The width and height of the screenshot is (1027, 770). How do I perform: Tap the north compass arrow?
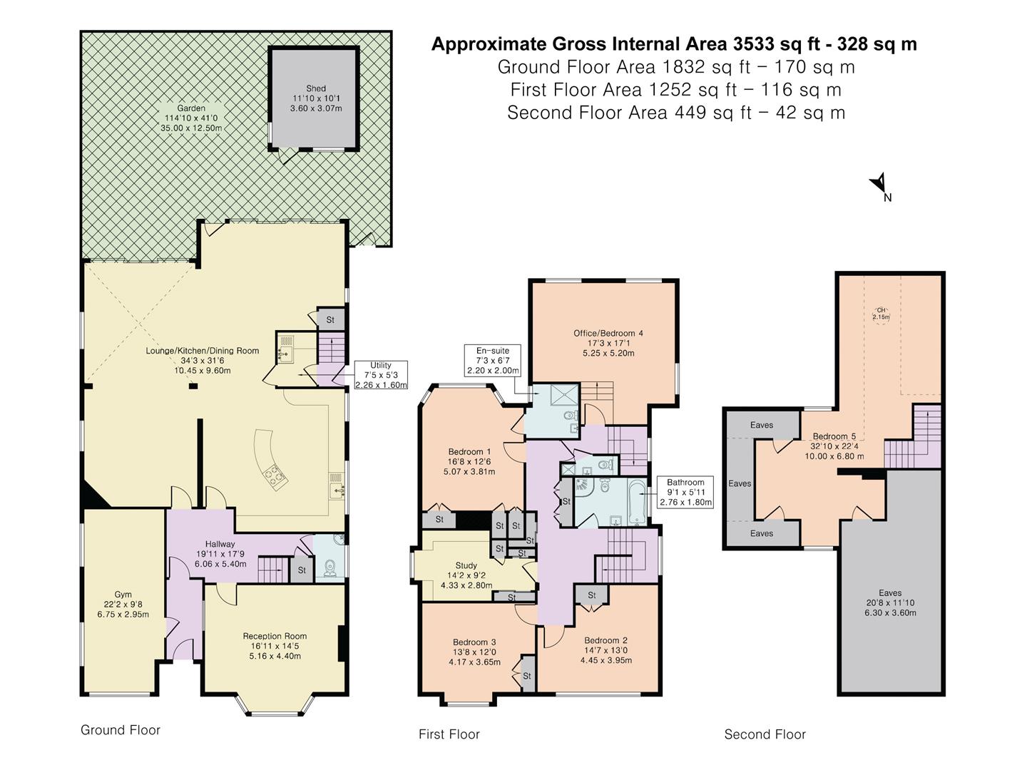(x=879, y=184)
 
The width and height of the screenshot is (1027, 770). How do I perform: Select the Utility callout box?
(x=381, y=375)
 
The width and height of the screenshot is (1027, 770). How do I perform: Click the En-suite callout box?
(x=493, y=361)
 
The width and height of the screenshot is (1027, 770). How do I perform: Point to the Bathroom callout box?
(x=685, y=492)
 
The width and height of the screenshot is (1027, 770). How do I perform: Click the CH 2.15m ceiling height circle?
(x=882, y=314)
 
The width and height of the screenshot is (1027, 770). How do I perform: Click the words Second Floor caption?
(x=765, y=734)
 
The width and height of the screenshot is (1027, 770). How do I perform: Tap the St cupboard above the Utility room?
(x=330, y=320)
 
